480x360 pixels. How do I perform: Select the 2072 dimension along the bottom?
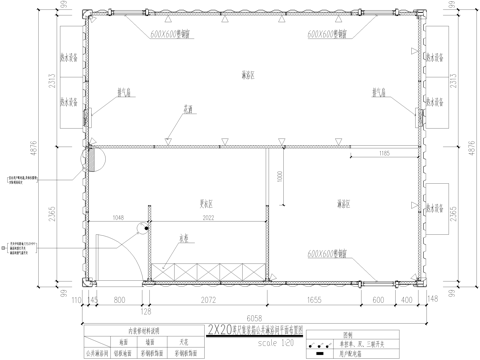coord(208,299)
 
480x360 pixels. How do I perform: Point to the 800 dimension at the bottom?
coord(121,299)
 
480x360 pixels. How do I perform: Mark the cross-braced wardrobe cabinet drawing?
coord(211,269)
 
